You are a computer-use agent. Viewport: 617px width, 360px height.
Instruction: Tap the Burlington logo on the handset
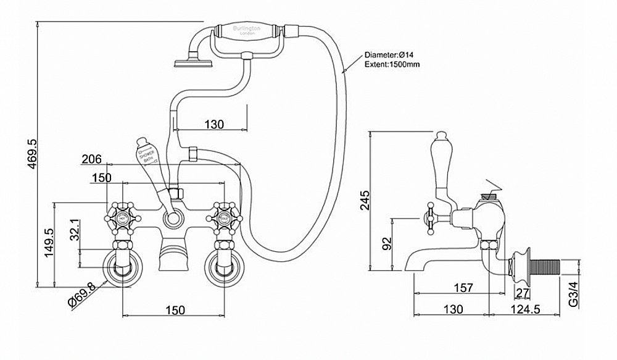click(x=246, y=30)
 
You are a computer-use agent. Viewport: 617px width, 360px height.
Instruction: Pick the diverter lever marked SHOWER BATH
click(x=147, y=162)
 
